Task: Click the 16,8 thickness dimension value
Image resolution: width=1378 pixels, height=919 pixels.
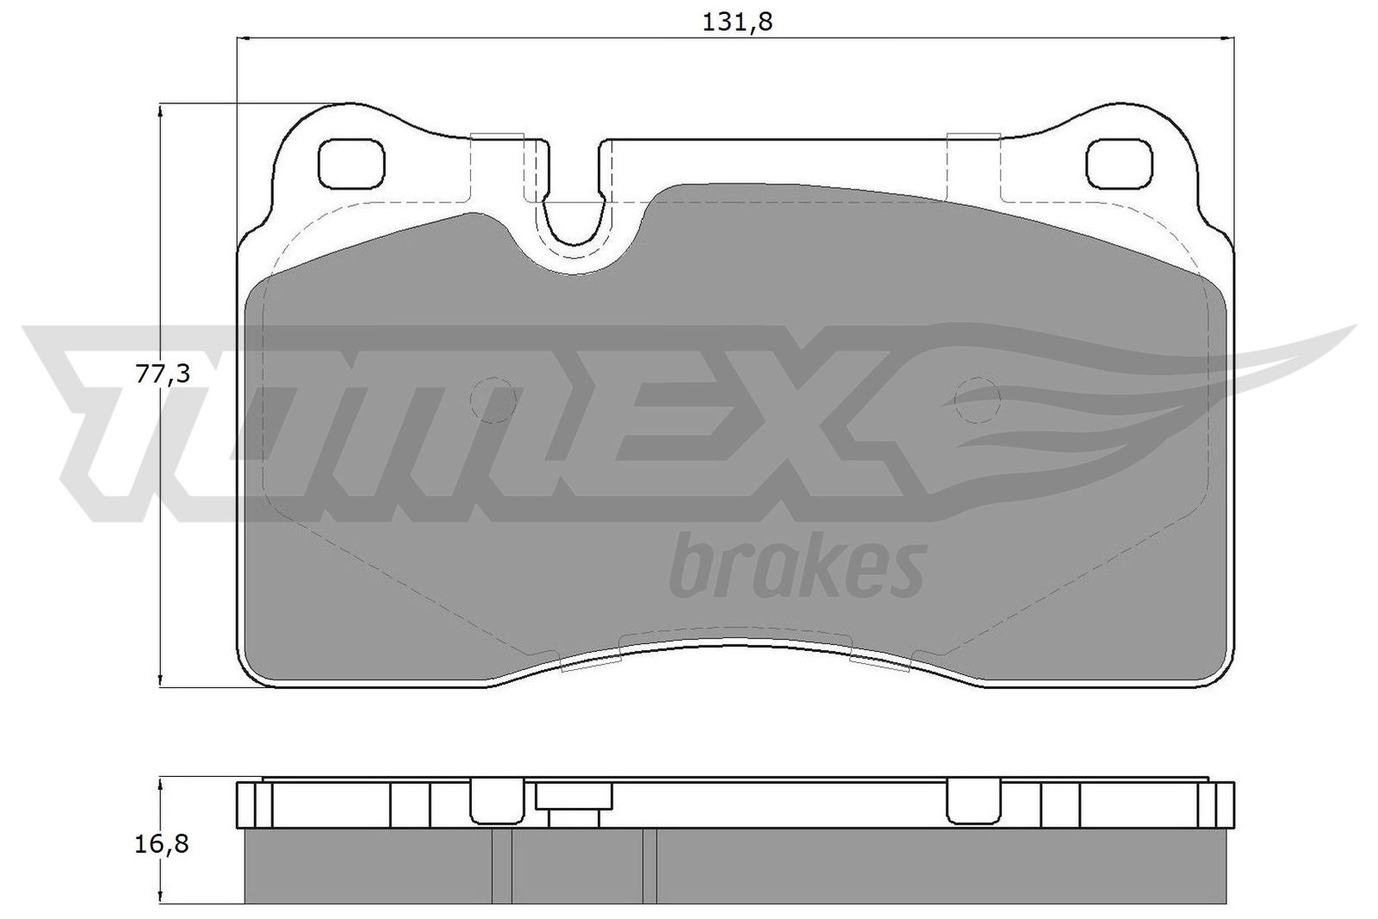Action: (162, 843)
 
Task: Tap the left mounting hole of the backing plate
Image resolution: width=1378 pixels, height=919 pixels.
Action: (351, 164)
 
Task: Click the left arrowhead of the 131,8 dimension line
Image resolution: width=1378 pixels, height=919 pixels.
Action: (244, 38)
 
